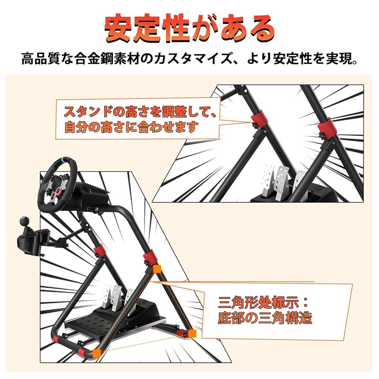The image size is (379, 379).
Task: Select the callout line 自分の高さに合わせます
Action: (131, 127)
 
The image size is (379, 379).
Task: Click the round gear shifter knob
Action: (28, 221)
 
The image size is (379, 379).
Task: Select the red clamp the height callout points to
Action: (257, 119)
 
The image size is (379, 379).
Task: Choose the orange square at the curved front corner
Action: (97, 353)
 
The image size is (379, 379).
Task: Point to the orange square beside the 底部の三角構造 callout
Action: (192, 333)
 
